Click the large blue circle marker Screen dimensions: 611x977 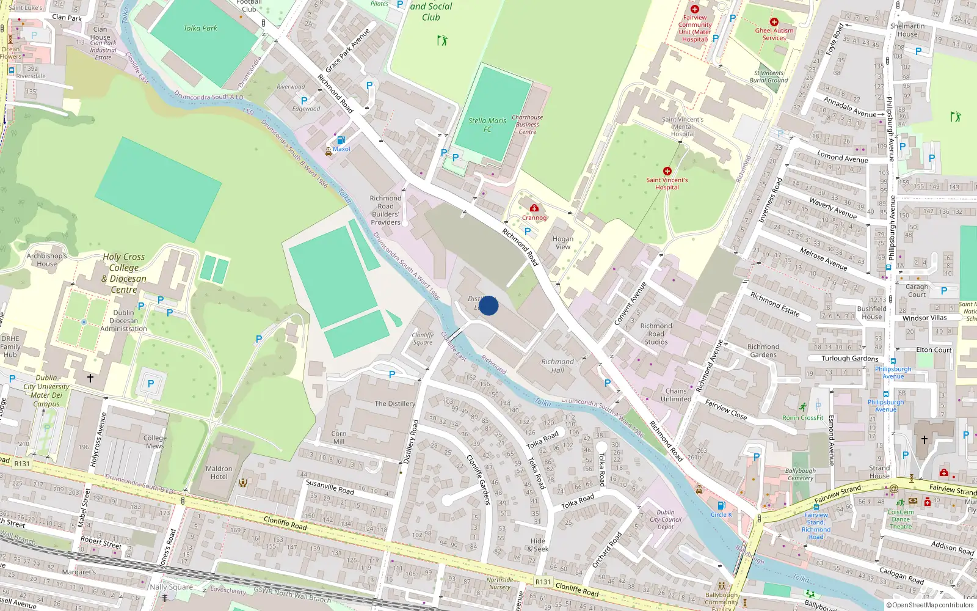point(488,305)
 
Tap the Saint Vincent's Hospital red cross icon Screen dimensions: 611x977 point(667,171)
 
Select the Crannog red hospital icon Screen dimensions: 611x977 point(534,208)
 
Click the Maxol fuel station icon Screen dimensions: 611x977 point(341,141)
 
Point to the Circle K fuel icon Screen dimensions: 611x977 point(721,505)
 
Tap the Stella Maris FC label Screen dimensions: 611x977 point(487,125)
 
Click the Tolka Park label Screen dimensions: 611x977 point(200,28)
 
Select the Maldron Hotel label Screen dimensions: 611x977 point(219,473)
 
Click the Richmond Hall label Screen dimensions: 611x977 point(558,365)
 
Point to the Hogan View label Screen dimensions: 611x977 point(562,243)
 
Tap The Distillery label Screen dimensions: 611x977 point(394,403)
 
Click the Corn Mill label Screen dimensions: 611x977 point(338,437)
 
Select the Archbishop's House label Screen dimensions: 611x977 point(46,260)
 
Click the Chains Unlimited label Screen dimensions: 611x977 point(676,395)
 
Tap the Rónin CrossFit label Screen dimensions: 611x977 point(803,418)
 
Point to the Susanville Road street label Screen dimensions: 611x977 point(330,486)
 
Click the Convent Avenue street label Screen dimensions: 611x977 point(630,304)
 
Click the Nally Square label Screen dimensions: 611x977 point(171,587)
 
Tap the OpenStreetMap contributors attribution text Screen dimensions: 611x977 point(932,606)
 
